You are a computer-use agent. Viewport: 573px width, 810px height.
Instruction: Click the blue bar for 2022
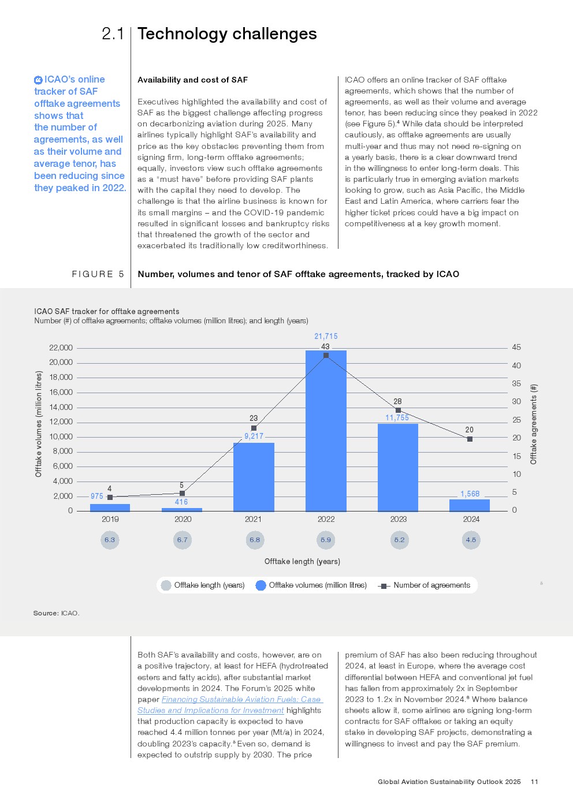pyautogui.click(x=326, y=431)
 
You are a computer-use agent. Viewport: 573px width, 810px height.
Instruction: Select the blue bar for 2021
pyautogui.click(x=254, y=477)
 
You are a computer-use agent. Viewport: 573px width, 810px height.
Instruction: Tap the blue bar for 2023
pyautogui.click(x=398, y=468)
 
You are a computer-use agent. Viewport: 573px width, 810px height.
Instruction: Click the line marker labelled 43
pyautogui.click(x=326, y=356)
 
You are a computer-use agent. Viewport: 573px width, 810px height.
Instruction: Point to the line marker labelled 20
pyautogui.click(x=470, y=439)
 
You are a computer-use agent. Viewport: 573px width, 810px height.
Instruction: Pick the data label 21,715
pyautogui.click(x=326, y=336)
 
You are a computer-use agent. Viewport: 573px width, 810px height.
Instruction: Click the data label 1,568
pyautogui.click(x=470, y=494)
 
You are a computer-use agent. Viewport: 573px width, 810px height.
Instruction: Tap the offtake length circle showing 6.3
pyautogui.click(x=110, y=540)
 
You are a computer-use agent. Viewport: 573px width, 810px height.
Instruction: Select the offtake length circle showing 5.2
pyautogui.click(x=399, y=540)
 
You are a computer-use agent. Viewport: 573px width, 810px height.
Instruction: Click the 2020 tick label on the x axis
pyautogui.click(x=183, y=519)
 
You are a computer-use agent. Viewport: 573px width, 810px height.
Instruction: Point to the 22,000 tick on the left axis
pyautogui.click(x=61, y=348)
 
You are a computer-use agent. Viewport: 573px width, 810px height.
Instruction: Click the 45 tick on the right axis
pyautogui.click(x=516, y=347)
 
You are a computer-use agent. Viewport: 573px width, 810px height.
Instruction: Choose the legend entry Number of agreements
pyautogui.click(x=424, y=585)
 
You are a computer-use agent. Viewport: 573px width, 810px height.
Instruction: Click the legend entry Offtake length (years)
pyautogui.click(x=203, y=585)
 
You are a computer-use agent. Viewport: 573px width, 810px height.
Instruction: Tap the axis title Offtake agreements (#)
pyautogui.click(x=534, y=424)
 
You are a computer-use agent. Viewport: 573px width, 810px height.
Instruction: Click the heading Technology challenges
pyautogui.click(x=227, y=34)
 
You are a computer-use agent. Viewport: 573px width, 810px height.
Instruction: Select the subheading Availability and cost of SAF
pyautogui.click(x=192, y=80)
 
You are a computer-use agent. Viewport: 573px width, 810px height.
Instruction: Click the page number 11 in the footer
pyautogui.click(x=534, y=782)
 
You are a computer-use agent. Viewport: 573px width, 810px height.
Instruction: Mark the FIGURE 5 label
pyautogui.click(x=98, y=274)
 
